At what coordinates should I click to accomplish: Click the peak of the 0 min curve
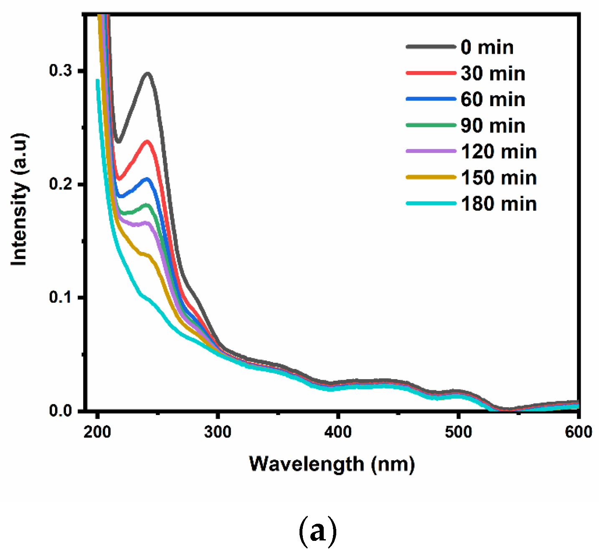[147, 74]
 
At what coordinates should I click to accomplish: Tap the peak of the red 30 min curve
[147, 142]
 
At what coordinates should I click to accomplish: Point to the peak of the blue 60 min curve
[147, 179]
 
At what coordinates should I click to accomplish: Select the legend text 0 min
[487, 47]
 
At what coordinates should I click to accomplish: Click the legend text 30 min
[492, 74]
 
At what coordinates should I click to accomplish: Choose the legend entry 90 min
[492, 125]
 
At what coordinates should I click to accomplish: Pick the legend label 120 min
[498, 151]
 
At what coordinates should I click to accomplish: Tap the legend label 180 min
[498, 204]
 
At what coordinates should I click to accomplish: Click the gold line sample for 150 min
[431, 177]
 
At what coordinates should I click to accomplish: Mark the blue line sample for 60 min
[431, 99]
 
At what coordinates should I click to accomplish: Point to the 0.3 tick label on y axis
[60, 70]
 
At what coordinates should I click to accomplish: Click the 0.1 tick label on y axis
[60, 297]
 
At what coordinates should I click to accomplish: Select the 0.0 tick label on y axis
[60, 410]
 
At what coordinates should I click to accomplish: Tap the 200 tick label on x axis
[97, 431]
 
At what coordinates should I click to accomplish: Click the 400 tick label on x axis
[338, 431]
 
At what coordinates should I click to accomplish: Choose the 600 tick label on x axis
[578, 431]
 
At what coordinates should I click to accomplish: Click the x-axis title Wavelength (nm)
[332, 464]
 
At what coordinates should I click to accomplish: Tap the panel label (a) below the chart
[318, 531]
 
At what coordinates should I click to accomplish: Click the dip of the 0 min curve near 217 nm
[118, 141]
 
